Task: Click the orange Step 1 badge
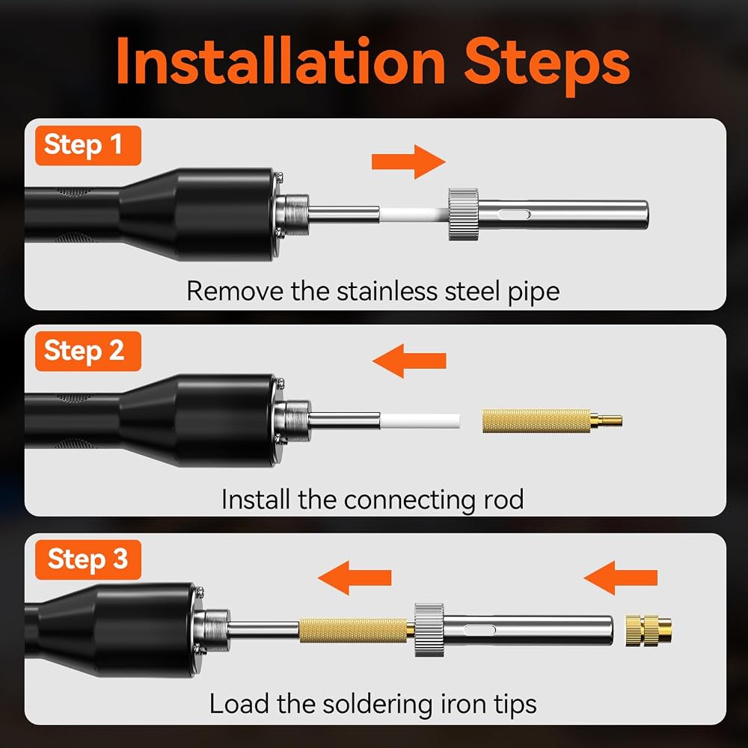pyautogui.click(x=88, y=146)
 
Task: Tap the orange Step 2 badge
pyautogui.click(x=88, y=351)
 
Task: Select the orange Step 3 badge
pyautogui.click(x=88, y=560)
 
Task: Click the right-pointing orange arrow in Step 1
pyautogui.click(x=408, y=162)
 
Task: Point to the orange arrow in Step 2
pyautogui.click(x=409, y=361)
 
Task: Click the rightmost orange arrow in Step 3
pyautogui.click(x=621, y=577)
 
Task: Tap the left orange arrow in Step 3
pyautogui.click(x=355, y=577)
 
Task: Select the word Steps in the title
pyautogui.click(x=548, y=66)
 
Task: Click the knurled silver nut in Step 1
pyautogui.click(x=463, y=214)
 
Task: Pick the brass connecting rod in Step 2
pyautogui.click(x=552, y=420)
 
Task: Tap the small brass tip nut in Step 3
pyautogui.click(x=649, y=631)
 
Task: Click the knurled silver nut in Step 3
pyautogui.click(x=429, y=630)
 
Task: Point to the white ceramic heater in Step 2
pyautogui.click(x=420, y=421)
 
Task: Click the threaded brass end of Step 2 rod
pyautogui.click(x=607, y=420)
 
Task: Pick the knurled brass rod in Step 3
pyautogui.click(x=353, y=630)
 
